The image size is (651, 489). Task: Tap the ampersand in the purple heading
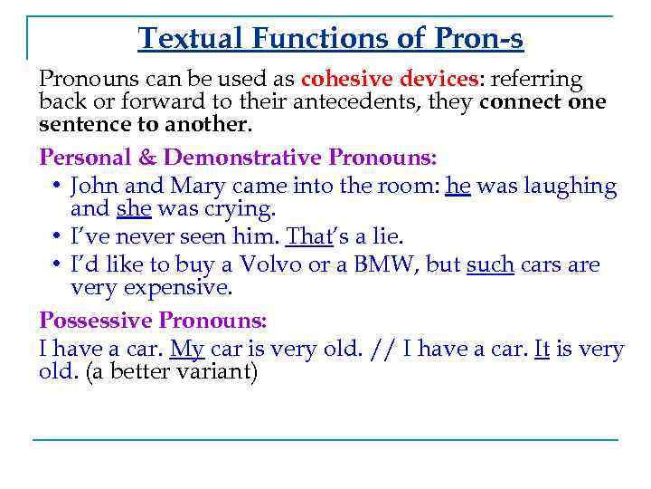[147, 158]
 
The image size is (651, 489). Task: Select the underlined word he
[458, 186]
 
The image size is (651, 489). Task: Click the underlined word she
[132, 209]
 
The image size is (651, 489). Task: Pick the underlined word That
[306, 236]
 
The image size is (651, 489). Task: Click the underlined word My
[187, 349]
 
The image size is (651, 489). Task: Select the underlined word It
[542, 349]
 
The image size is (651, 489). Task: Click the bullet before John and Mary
[57, 187]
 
